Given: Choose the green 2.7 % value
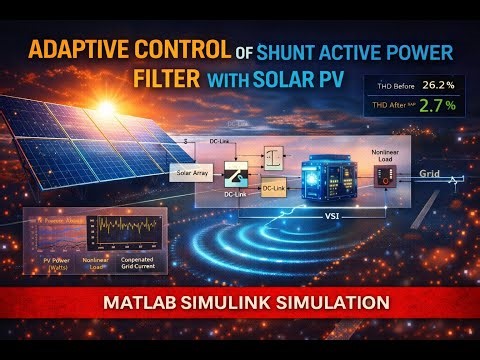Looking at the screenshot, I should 439,103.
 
